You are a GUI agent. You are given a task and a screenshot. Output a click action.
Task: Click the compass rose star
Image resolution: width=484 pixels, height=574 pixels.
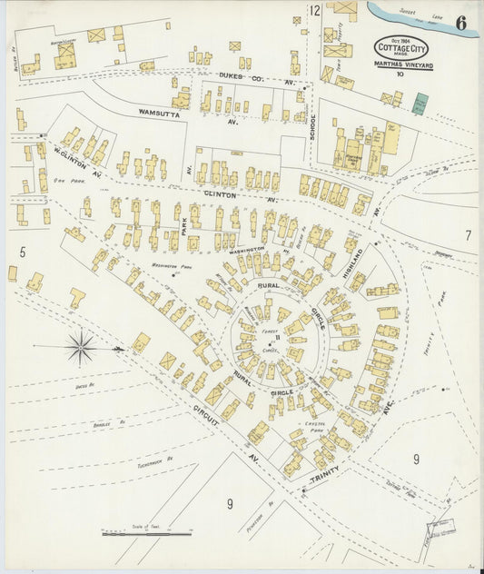tap(81, 347)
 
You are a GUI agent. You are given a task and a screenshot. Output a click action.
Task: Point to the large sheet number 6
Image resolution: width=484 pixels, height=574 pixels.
tap(461, 23)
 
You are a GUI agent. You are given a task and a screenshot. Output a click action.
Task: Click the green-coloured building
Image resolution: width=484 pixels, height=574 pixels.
tap(420, 104)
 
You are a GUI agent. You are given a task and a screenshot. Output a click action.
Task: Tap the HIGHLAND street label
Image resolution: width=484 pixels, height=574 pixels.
tap(352, 262)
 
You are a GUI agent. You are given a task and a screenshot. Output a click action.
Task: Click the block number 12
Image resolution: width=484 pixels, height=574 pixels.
tap(314, 11)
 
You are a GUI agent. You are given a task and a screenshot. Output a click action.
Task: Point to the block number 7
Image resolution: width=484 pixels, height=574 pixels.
tap(468, 235)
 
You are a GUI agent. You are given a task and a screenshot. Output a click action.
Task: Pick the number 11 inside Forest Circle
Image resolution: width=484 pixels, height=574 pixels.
tap(278, 339)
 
